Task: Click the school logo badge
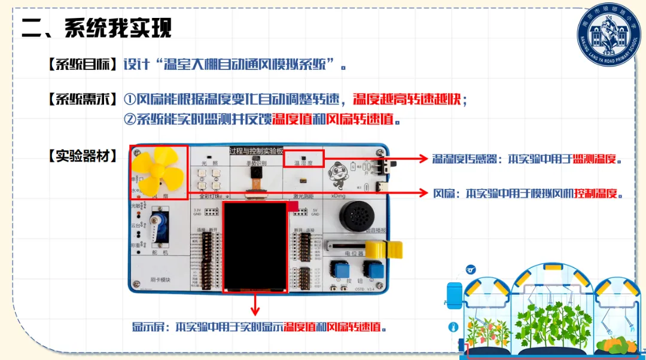[608, 35]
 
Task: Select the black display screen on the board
[255, 246]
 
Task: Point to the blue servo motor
[160, 227]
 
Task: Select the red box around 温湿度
[303, 158]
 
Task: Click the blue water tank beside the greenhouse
[455, 294]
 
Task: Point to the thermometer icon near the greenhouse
[453, 327]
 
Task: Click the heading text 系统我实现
[117, 28]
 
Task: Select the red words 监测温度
[594, 160]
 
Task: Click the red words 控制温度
[596, 194]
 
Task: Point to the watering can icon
[471, 270]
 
